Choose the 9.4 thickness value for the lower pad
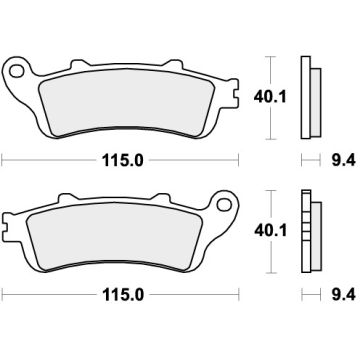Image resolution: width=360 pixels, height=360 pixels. point(337,296)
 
